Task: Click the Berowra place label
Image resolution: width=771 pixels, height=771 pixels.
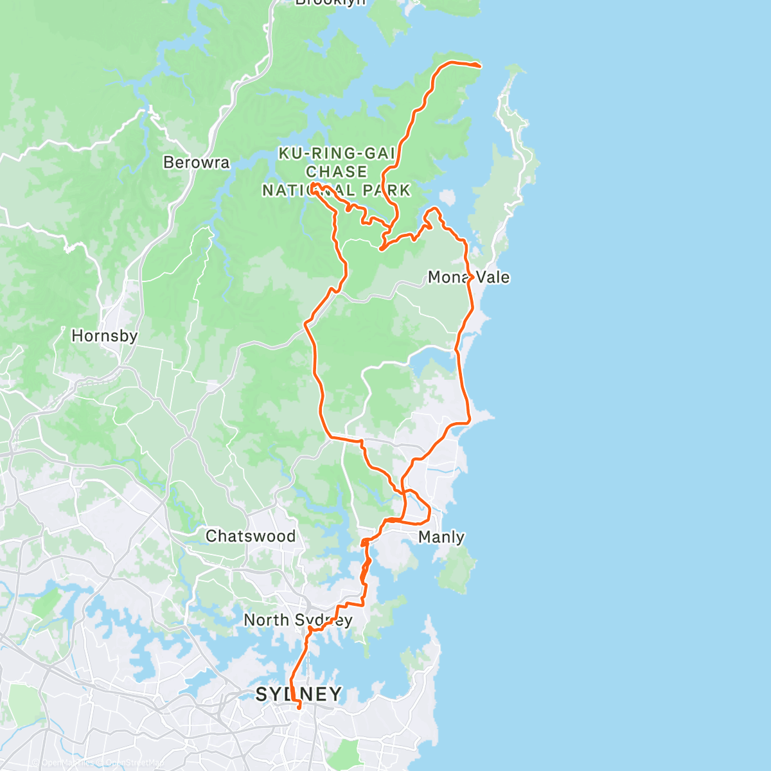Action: tap(196, 162)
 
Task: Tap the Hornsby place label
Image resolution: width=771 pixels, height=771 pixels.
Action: tap(104, 335)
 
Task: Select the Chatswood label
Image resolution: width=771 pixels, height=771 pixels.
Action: tap(251, 536)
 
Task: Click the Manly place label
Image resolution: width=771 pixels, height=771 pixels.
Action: tap(441, 536)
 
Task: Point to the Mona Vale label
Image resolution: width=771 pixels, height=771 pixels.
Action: tap(468, 277)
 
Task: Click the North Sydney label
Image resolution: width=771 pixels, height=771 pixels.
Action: tap(297, 620)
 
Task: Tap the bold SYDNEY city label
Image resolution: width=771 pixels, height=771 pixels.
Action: tap(299, 694)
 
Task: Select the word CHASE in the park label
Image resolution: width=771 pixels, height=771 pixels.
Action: tap(336, 172)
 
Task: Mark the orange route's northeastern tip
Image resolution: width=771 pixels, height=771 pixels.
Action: tap(479, 66)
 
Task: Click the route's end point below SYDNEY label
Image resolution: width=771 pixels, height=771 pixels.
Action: tap(299, 708)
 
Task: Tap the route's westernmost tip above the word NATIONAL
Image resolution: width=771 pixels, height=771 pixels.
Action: tap(313, 185)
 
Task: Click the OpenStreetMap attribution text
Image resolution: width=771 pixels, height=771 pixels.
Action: tap(132, 763)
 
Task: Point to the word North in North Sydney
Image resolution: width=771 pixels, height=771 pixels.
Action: tap(265, 620)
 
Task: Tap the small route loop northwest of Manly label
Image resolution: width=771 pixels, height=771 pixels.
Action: tap(418, 504)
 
